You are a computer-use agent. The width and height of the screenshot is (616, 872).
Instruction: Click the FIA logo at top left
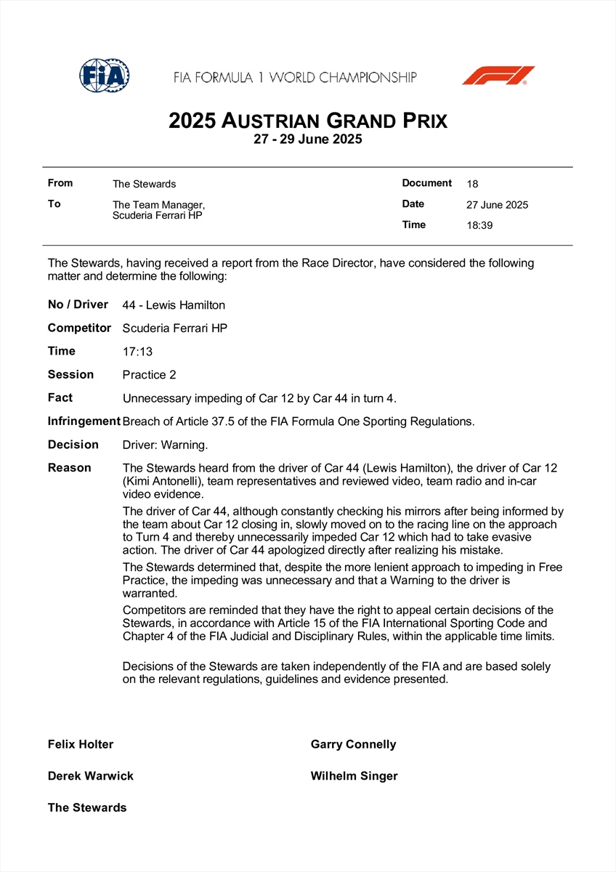click(x=105, y=75)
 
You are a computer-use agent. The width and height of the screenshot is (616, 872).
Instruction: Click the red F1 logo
click(x=498, y=76)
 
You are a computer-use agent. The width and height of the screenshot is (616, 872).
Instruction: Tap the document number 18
click(x=473, y=184)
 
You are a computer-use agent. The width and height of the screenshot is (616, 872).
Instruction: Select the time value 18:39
click(x=479, y=225)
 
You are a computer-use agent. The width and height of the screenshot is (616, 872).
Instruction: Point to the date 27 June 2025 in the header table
click(x=498, y=205)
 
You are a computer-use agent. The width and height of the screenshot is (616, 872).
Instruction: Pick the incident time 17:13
click(x=138, y=352)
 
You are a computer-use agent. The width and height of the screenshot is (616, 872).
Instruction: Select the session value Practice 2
click(x=150, y=375)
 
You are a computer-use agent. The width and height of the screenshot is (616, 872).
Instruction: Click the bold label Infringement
click(x=84, y=421)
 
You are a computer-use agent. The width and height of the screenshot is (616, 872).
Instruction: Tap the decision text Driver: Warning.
click(x=165, y=445)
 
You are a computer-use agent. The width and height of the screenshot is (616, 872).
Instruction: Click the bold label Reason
click(x=70, y=468)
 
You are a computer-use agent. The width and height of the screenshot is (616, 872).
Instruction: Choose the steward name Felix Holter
click(x=81, y=744)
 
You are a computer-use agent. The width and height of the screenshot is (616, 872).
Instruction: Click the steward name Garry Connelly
click(x=353, y=744)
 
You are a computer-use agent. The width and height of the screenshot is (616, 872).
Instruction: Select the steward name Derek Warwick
click(x=91, y=776)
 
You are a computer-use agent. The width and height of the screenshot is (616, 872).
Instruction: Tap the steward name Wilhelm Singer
click(x=354, y=776)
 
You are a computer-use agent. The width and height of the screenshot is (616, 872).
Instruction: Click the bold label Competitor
click(x=79, y=328)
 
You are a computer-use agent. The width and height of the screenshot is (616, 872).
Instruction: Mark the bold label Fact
click(x=60, y=397)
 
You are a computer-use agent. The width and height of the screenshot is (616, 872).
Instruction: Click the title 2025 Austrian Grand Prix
click(x=308, y=121)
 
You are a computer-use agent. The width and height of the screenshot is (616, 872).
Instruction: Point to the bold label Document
click(x=427, y=183)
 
